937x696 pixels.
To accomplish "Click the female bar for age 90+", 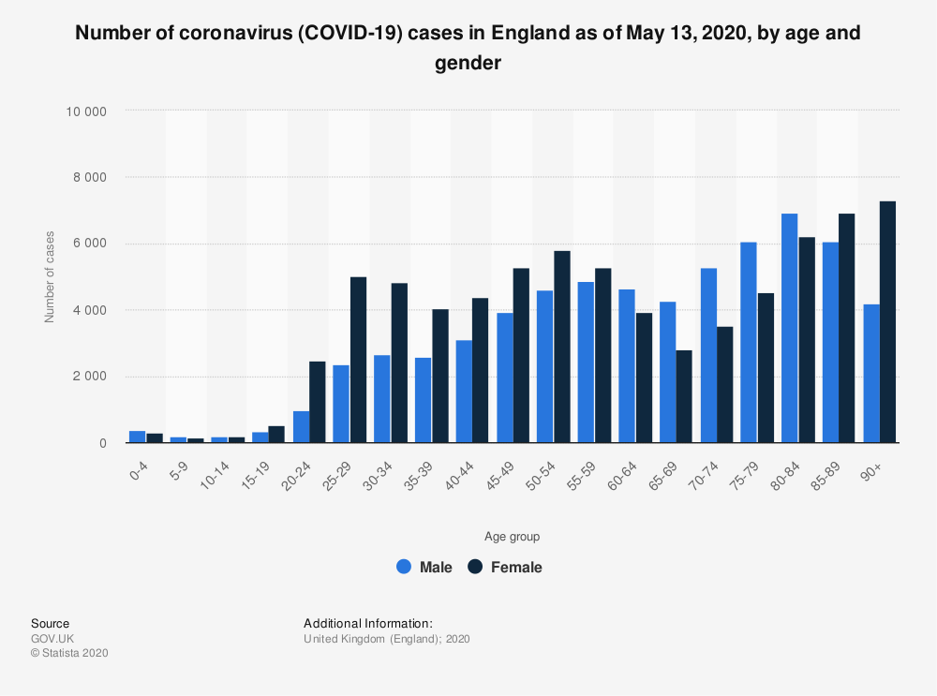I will pyautogui.click(x=887, y=322).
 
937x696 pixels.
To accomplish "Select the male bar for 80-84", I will pyautogui.click(x=789, y=328).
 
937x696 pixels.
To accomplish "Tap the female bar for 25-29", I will pyautogui.click(x=358, y=360).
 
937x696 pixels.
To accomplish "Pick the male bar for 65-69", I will pyautogui.click(x=667, y=372).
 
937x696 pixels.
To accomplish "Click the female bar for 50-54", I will pyautogui.click(x=562, y=347).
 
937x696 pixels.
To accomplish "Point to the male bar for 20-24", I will pyautogui.click(x=301, y=426).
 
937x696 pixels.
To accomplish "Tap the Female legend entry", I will pyautogui.click(x=505, y=567).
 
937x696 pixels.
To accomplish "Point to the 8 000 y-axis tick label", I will pyautogui.click(x=86, y=177).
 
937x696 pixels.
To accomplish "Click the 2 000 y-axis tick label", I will pyautogui.click(x=86, y=377).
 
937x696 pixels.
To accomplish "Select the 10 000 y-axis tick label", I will pyautogui.click(x=84, y=111).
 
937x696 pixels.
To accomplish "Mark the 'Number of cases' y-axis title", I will pyautogui.click(x=51, y=276).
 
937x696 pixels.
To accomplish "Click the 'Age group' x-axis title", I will pyautogui.click(x=512, y=537).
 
